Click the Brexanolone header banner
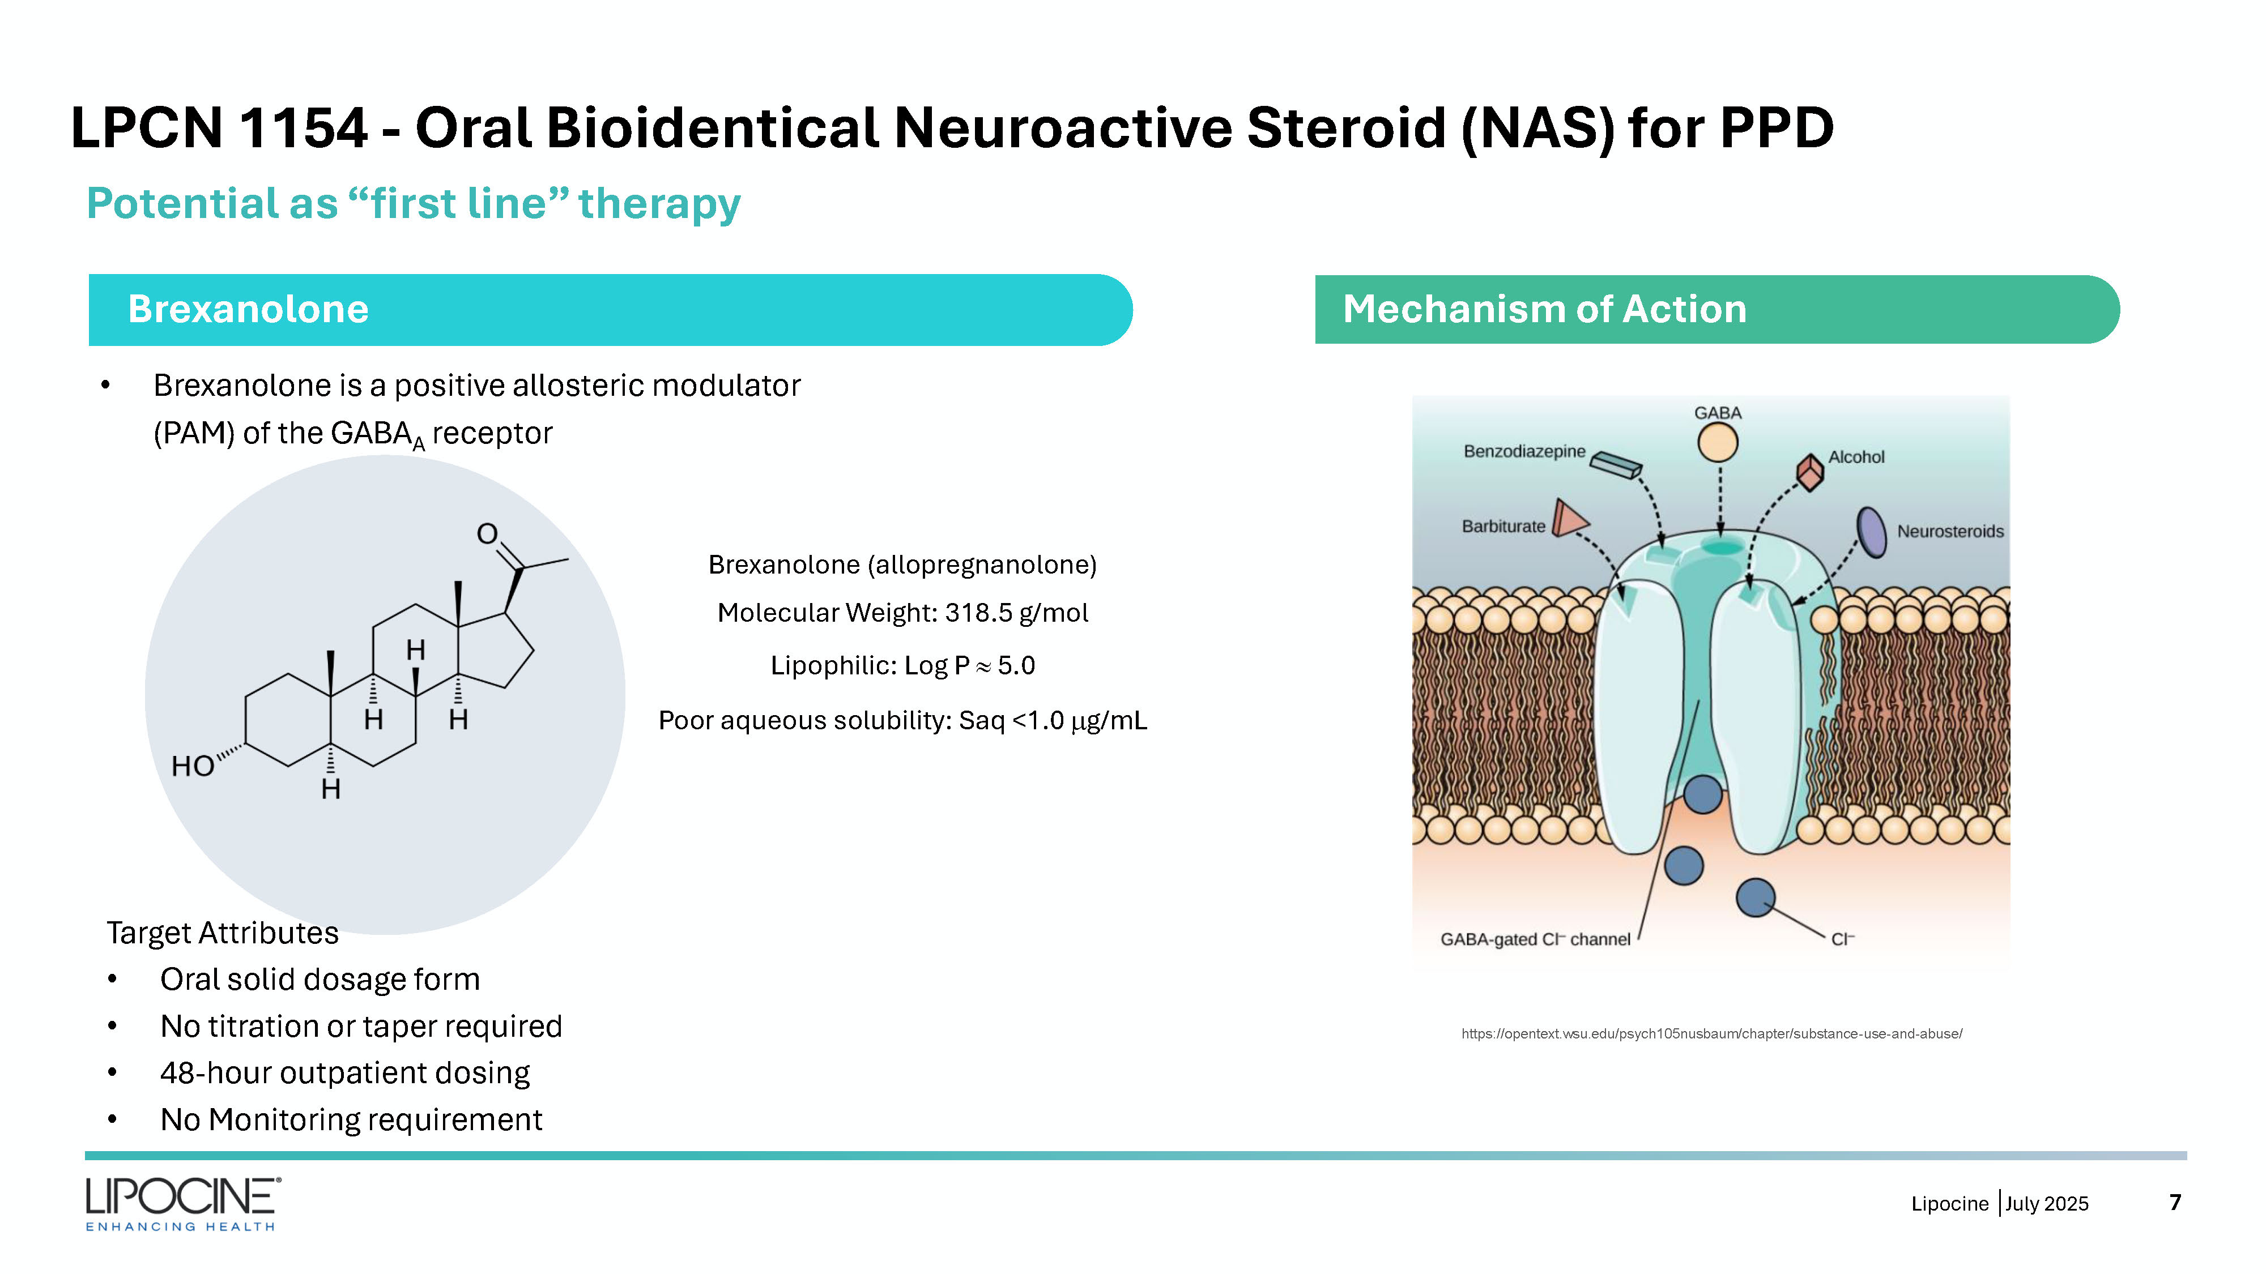coord(611,310)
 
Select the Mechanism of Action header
coord(1717,310)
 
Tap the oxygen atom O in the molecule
coord(487,534)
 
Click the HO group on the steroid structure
coord(193,766)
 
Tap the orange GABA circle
coord(1717,442)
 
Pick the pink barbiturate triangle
coord(1569,518)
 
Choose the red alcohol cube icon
coord(1809,472)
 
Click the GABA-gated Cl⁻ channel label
coord(1535,939)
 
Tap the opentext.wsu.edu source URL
coord(1712,1034)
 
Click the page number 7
coord(2175,1202)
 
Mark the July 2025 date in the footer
coord(2047,1204)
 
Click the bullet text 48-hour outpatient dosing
coord(345,1072)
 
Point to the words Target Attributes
coord(223,933)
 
